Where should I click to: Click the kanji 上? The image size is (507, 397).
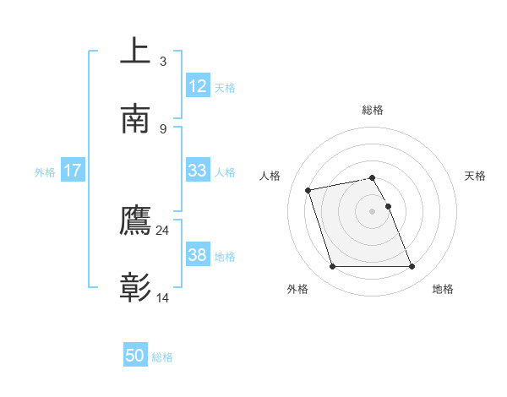tap(135, 51)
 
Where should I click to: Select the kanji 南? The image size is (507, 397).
tap(135, 119)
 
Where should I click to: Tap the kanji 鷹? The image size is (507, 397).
tap(135, 220)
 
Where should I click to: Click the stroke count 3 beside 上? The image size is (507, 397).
tap(163, 61)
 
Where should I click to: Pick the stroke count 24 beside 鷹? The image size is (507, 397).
tap(163, 230)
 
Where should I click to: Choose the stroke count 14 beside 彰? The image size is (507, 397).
tap(163, 298)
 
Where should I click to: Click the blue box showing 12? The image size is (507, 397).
tap(197, 86)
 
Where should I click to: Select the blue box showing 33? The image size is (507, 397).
tap(197, 171)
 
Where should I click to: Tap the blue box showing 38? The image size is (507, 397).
tap(197, 255)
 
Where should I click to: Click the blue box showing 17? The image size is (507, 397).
tap(72, 171)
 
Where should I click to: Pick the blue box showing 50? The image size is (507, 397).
tap(135, 356)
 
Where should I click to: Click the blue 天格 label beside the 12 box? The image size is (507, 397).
tap(224, 87)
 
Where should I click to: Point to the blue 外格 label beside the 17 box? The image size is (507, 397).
tap(45, 171)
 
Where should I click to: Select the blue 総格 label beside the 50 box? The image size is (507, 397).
tap(162, 356)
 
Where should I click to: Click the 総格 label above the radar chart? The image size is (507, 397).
tap(373, 110)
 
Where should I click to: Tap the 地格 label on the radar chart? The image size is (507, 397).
tap(443, 289)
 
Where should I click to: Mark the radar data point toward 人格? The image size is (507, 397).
tap(308, 189)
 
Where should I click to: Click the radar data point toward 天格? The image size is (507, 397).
tap(389, 206)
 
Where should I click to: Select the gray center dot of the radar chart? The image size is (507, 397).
tap(373, 211)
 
